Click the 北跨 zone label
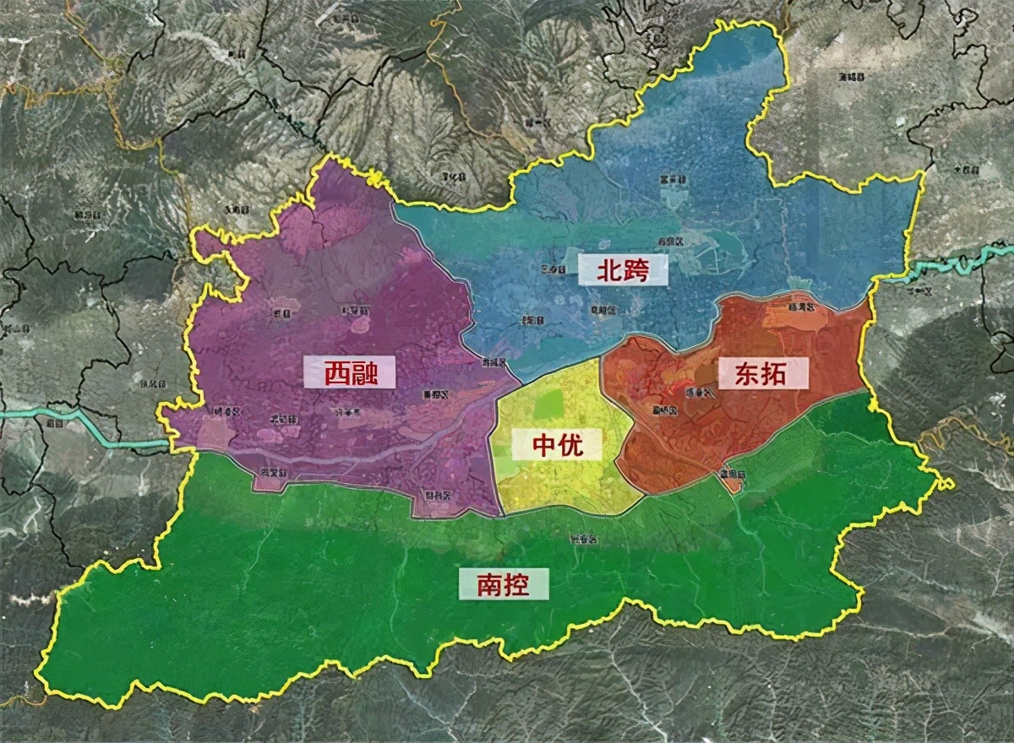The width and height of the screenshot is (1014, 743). point(622,269)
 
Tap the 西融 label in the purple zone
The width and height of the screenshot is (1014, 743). point(349,372)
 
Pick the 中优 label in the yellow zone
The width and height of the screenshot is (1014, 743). point(558,444)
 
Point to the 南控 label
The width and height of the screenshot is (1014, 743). point(503,583)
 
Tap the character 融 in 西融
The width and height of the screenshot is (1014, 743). point(365,372)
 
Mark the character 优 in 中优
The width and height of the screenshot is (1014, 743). point(573,444)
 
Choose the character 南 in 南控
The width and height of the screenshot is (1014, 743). point(488,583)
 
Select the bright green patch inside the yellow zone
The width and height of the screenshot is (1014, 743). point(548,405)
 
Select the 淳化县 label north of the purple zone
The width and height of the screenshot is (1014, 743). point(454,177)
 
